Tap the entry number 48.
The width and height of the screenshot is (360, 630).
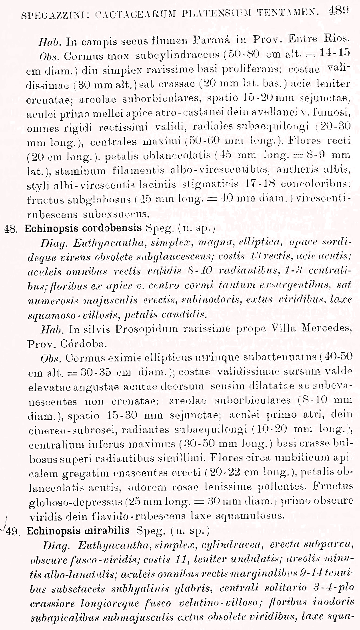tap(11, 229)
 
